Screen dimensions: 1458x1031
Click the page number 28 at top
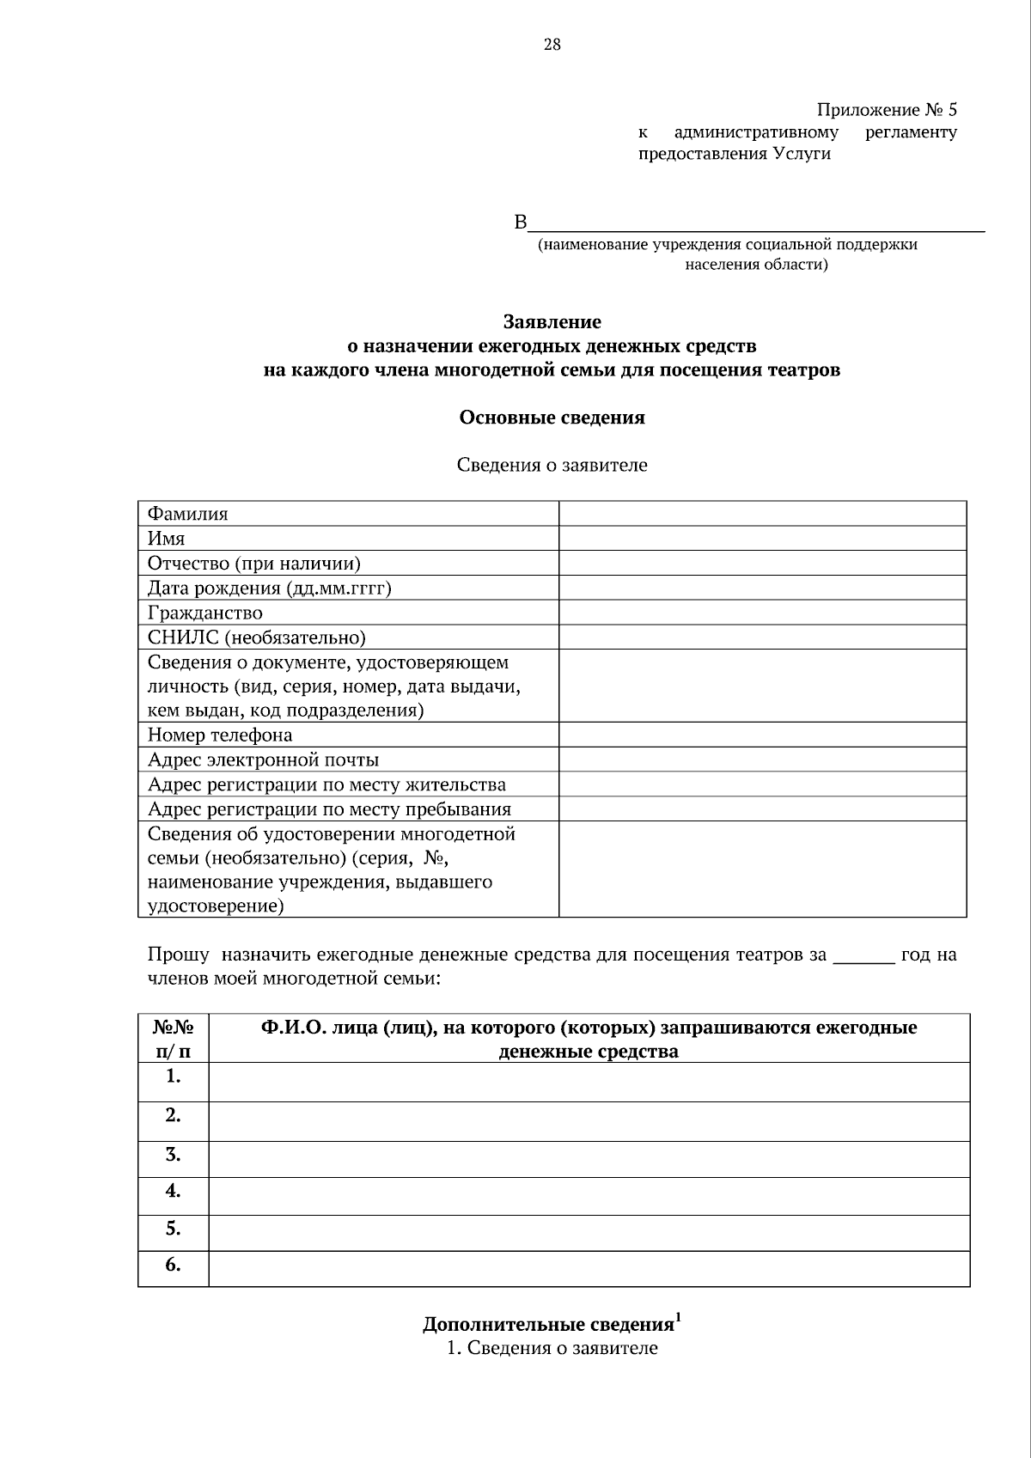552,45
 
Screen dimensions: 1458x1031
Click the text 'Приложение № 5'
886,110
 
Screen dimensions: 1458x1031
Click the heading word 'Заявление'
552,322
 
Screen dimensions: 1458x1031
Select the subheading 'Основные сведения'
552,418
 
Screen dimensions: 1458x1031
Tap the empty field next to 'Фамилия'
762,514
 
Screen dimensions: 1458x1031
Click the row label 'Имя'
167,539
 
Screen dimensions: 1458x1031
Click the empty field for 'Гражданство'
762,613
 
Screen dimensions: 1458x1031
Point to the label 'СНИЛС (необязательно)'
257,637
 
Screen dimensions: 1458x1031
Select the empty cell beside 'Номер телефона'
762,735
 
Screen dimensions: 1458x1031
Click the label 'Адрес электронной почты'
263,760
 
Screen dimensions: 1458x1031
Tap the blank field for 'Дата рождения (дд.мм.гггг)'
762,588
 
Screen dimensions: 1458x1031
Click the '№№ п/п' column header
173,1039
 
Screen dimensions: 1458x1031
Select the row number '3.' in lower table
173,1154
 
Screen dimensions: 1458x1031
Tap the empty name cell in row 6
589,1268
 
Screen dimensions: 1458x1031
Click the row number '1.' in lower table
173,1077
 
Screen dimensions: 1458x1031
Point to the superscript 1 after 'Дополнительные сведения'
679,1316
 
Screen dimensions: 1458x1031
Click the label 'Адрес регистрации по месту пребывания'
329,809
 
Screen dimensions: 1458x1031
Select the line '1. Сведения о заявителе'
552,1348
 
